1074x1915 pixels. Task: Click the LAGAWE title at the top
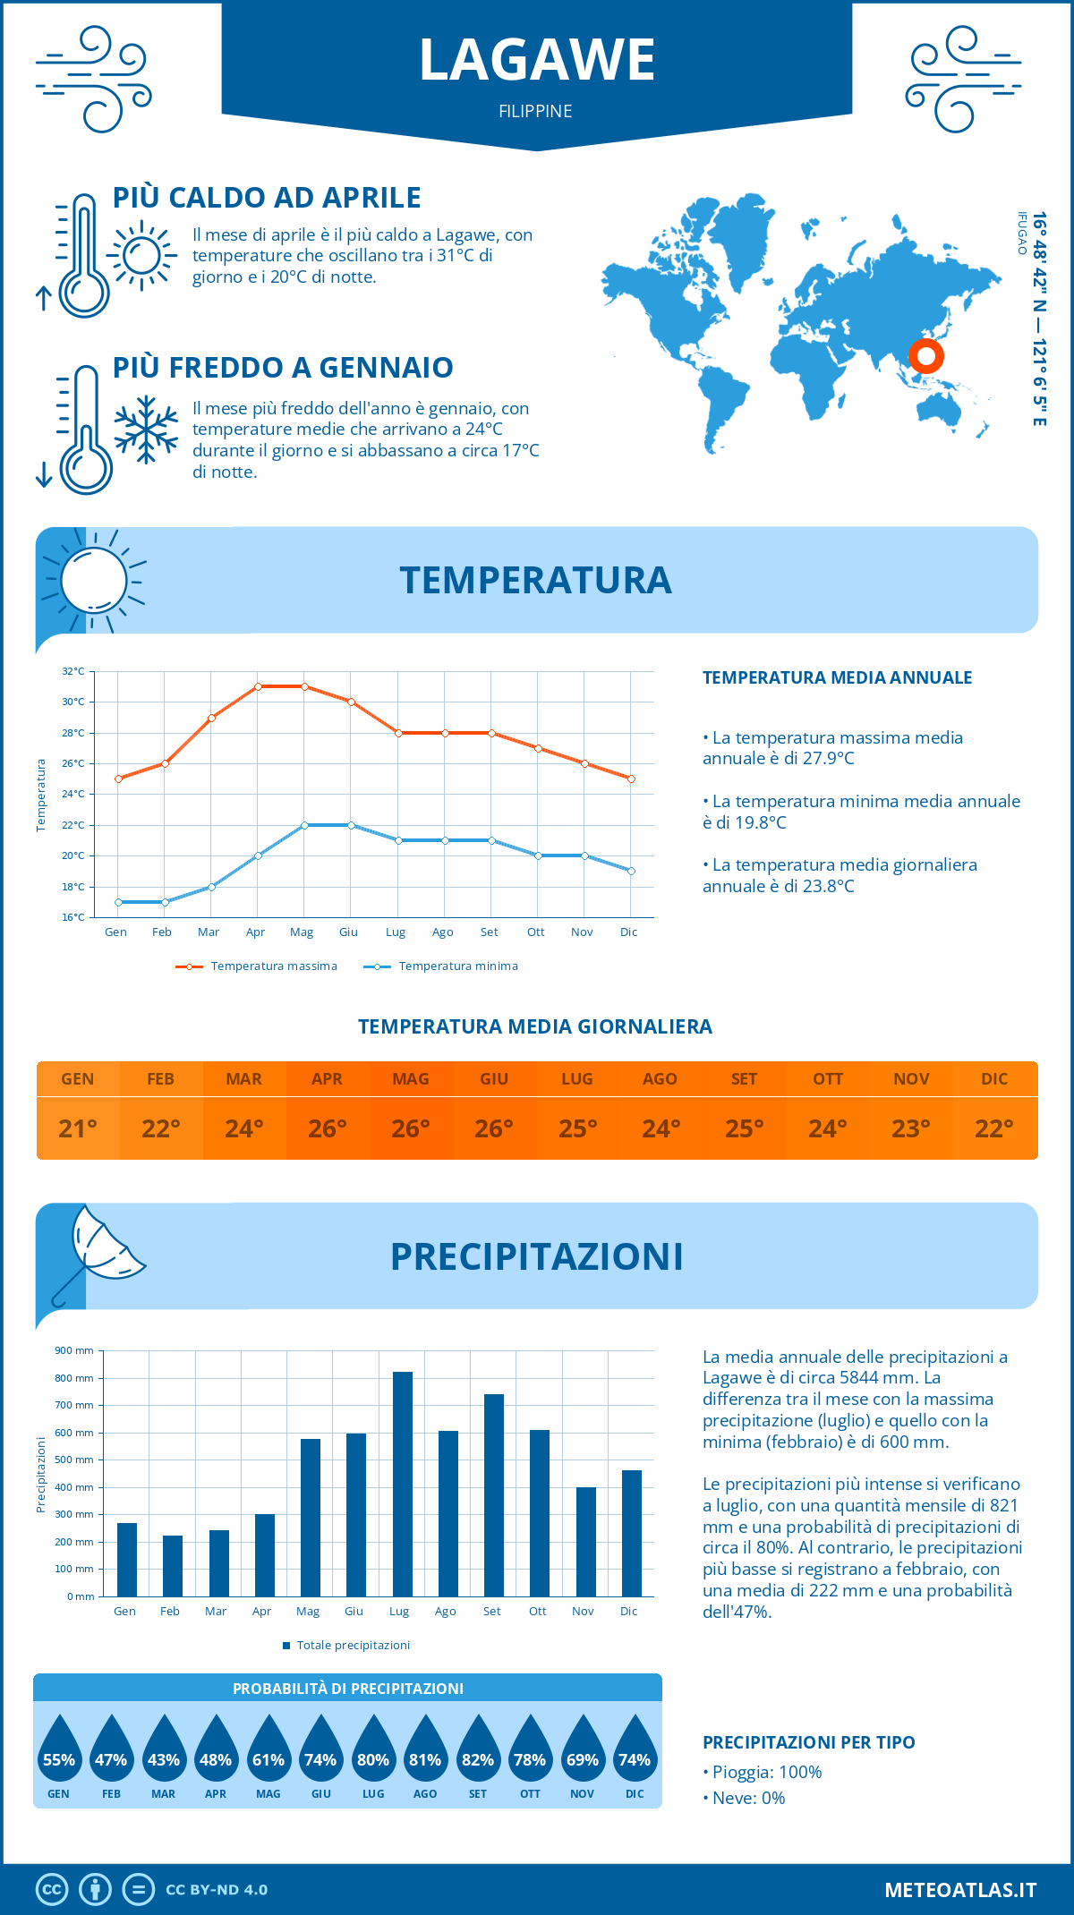pos(537,60)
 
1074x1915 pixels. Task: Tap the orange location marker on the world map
pos(926,356)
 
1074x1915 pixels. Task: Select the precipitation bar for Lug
pos(402,1484)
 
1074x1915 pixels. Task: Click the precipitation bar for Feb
pos(172,1565)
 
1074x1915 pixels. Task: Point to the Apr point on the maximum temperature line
pos(258,686)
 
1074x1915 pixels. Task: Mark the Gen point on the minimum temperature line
pos(118,902)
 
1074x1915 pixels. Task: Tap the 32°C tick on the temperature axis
pos(73,671)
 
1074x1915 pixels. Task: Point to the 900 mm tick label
pos(74,1350)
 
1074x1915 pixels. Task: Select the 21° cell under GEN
pos(78,1128)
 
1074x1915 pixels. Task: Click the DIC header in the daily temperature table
pos(994,1079)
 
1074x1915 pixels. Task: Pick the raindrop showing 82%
pos(477,1750)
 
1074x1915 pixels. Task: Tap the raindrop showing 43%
pos(163,1750)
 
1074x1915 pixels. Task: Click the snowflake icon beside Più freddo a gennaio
pos(146,430)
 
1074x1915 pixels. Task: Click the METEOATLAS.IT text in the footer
pos(960,1890)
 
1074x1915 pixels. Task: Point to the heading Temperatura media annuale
pos(837,677)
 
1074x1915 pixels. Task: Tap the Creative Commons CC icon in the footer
pos(52,1890)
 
